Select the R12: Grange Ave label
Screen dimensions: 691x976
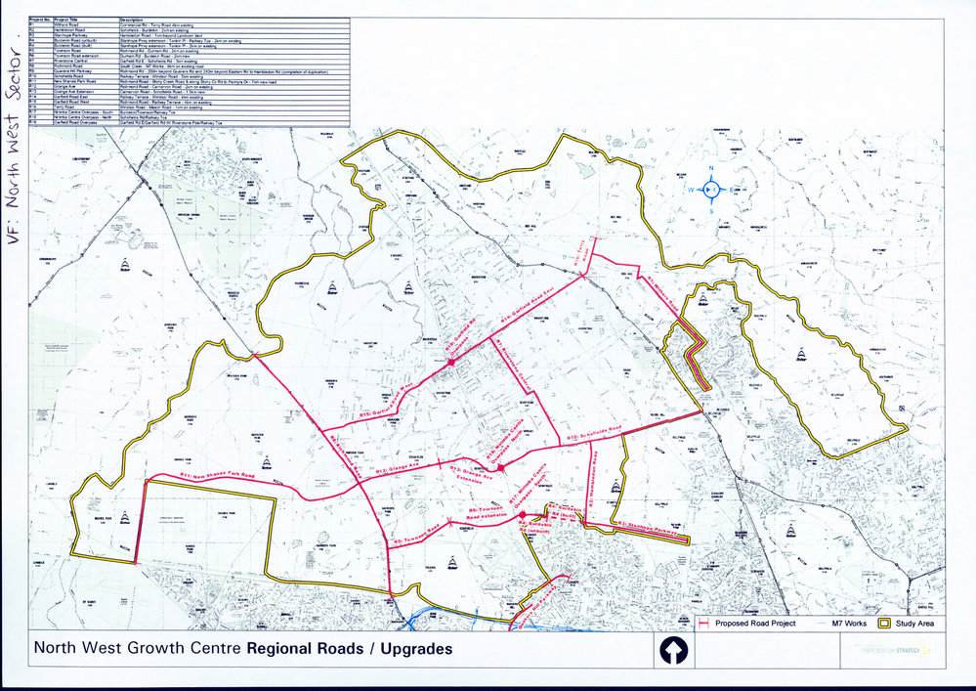(x=395, y=470)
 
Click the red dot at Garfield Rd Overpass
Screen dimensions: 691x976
(x=451, y=363)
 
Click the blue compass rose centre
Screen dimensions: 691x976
(x=711, y=189)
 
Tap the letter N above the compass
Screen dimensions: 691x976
(x=711, y=167)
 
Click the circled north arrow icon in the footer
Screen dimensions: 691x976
(x=674, y=649)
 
